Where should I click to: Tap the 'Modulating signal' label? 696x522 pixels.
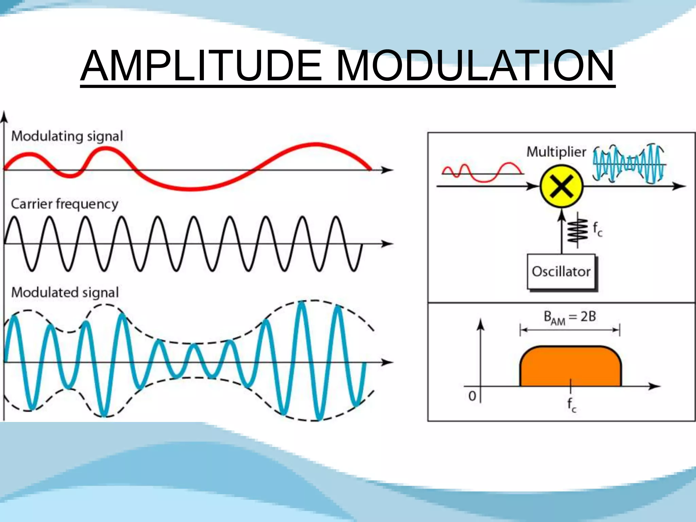point(67,136)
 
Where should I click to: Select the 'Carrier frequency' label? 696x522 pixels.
point(65,204)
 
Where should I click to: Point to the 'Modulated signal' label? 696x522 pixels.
point(65,292)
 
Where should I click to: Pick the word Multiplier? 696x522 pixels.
point(556,152)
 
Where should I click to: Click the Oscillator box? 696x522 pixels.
point(561,272)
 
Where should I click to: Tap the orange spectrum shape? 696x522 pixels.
point(571,367)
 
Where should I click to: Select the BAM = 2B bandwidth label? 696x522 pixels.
point(570,317)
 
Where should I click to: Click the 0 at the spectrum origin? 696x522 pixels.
point(472,396)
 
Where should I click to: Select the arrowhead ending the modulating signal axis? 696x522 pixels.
point(387,170)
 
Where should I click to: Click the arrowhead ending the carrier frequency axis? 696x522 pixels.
point(387,244)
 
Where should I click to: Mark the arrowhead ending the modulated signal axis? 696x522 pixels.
point(387,362)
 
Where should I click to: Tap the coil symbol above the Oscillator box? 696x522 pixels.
point(578,230)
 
